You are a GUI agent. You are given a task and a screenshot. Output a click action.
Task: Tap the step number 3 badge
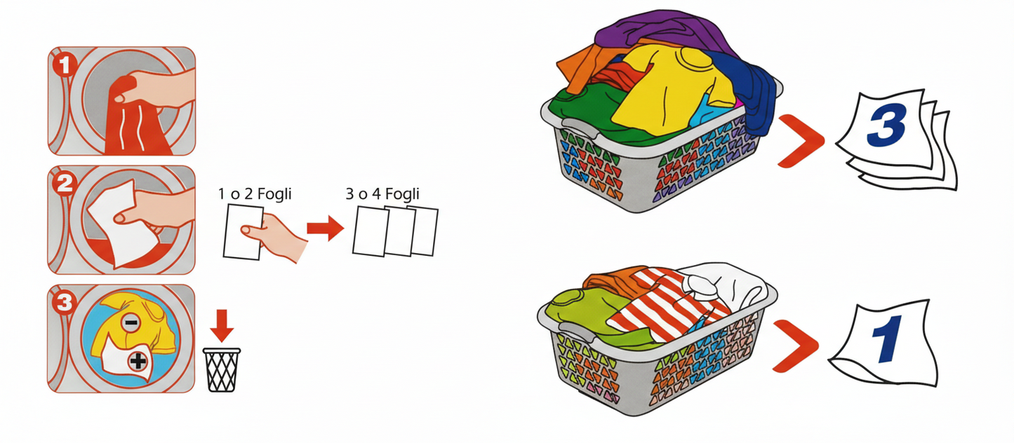(65, 303)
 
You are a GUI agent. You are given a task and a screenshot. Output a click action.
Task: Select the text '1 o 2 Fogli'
(255, 194)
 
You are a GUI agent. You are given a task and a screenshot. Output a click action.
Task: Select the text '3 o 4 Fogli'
(382, 194)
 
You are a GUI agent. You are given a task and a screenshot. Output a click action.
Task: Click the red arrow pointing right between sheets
(325, 228)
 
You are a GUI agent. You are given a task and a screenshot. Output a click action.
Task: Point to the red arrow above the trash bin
(221, 325)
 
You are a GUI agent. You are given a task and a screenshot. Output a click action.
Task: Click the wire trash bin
(221, 370)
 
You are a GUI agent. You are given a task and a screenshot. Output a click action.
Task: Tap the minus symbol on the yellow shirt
(131, 322)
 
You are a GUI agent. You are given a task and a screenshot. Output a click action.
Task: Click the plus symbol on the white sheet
(138, 361)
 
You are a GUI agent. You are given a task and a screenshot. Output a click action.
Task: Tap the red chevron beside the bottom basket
(795, 346)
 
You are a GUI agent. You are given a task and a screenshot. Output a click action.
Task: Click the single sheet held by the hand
(242, 231)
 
